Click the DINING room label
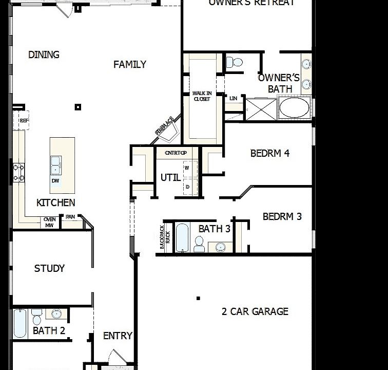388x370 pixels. point(44,54)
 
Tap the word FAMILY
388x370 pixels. point(130,64)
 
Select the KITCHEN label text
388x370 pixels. point(55,203)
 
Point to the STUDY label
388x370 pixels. point(49,268)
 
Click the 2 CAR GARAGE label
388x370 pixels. point(255,311)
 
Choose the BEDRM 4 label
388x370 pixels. point(270,153)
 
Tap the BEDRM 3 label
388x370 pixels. point(282,216)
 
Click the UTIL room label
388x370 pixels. point(170,178)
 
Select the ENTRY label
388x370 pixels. point(118,336)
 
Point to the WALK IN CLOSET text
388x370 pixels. point(201,96)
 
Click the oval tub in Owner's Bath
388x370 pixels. point(294,108)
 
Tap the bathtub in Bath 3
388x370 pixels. point(183,237)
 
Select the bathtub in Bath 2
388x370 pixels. point(20,323)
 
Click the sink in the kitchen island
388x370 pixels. point(55,164)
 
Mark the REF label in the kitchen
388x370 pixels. point(24,120)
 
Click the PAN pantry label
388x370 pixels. point(70,217)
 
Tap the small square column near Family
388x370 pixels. point(78,107)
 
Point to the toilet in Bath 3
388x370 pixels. point(199,246)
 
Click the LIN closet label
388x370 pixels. point(234,98)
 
